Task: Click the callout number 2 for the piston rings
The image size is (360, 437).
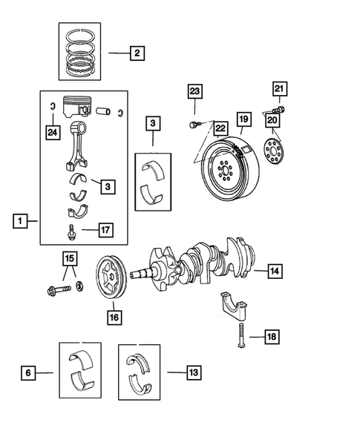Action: [137, 53]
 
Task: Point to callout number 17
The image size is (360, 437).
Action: [107, 231]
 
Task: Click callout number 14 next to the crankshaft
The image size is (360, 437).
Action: [274, 272]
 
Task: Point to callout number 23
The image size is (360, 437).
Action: [194, 91]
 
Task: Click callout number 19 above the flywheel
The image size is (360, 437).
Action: [243, 119]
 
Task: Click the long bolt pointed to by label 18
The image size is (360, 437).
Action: [240, 338]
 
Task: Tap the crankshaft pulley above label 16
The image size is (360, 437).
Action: [111, 278]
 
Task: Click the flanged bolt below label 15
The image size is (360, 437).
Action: [59, 286]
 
